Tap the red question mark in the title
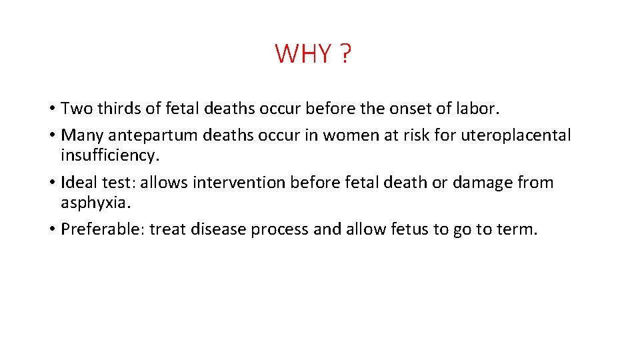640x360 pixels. tap(344, 53)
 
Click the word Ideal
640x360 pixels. tap(79, 183)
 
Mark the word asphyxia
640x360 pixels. tap(91, 202)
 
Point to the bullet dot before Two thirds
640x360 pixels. tap(51, 109)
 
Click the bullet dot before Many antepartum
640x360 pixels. tap(51, 136)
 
